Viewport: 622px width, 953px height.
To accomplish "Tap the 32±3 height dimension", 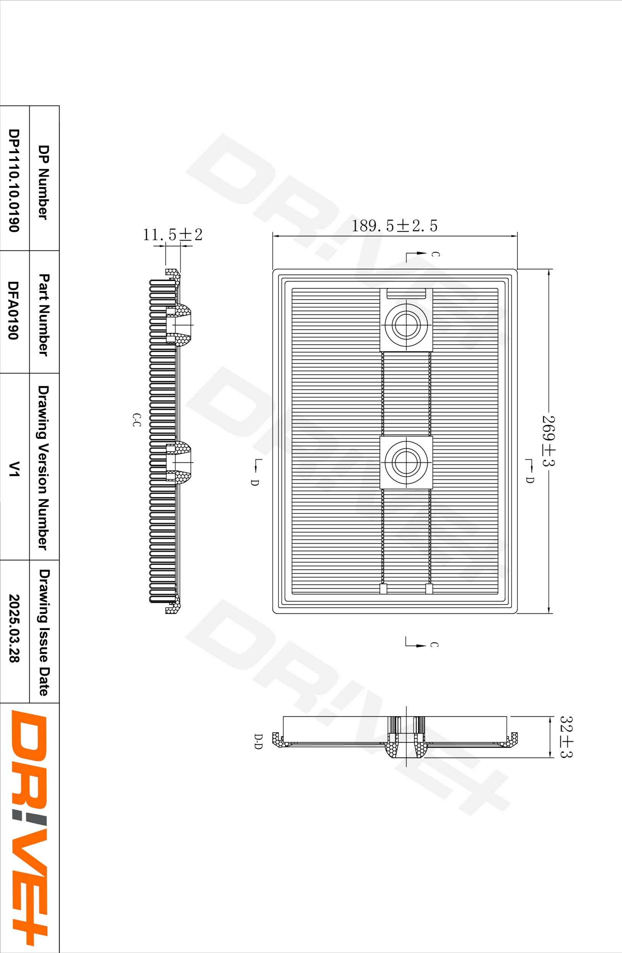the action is (x=566, y=737).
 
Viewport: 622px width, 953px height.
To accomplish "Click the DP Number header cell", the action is (x=43, y=182).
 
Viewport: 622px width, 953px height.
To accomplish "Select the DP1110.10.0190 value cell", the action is (x=13, y=180).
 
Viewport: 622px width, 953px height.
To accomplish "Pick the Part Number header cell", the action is (x=43, y=315).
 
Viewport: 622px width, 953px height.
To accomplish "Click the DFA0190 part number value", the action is (x=13, y=310).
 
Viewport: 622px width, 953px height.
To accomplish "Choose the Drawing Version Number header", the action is (x=43, y=468).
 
